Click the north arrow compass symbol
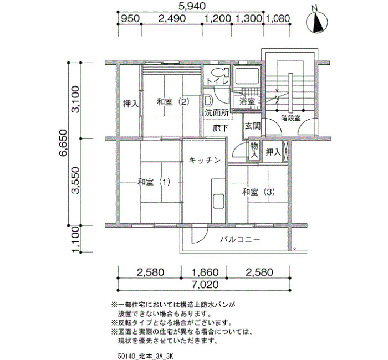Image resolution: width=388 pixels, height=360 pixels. (x=316, y=23)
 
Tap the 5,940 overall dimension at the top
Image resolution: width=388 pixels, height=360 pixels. (x=192, y=6)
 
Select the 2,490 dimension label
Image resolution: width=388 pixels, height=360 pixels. (x=172, y=18)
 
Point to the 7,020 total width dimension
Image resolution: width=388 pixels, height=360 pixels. (x=205, y=284)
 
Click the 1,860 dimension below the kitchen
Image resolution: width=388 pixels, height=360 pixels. (x=205, y=272)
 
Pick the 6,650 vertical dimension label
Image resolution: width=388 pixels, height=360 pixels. (x=63, y=143)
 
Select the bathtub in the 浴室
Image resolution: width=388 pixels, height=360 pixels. (x=247, y=76)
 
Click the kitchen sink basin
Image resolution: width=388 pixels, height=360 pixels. (x=218, y=200)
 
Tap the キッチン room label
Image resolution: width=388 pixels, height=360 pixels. (x=205, y=161)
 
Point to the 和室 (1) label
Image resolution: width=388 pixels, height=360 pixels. (x=154, y=182)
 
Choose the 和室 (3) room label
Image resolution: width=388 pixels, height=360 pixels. (x=258, y=192)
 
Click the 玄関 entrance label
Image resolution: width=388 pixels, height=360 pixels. (x=253, y=126)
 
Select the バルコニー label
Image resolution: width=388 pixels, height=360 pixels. (x=240, y=240)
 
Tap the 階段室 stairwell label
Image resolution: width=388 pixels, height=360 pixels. (x=291, y=118)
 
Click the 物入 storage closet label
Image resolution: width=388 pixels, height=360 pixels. (x=254, y=150)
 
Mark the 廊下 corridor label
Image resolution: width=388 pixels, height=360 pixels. (x=221, y=128)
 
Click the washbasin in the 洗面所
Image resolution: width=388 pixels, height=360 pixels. (x=208, y=101)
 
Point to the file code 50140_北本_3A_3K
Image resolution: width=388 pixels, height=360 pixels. (x=145, y=356)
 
